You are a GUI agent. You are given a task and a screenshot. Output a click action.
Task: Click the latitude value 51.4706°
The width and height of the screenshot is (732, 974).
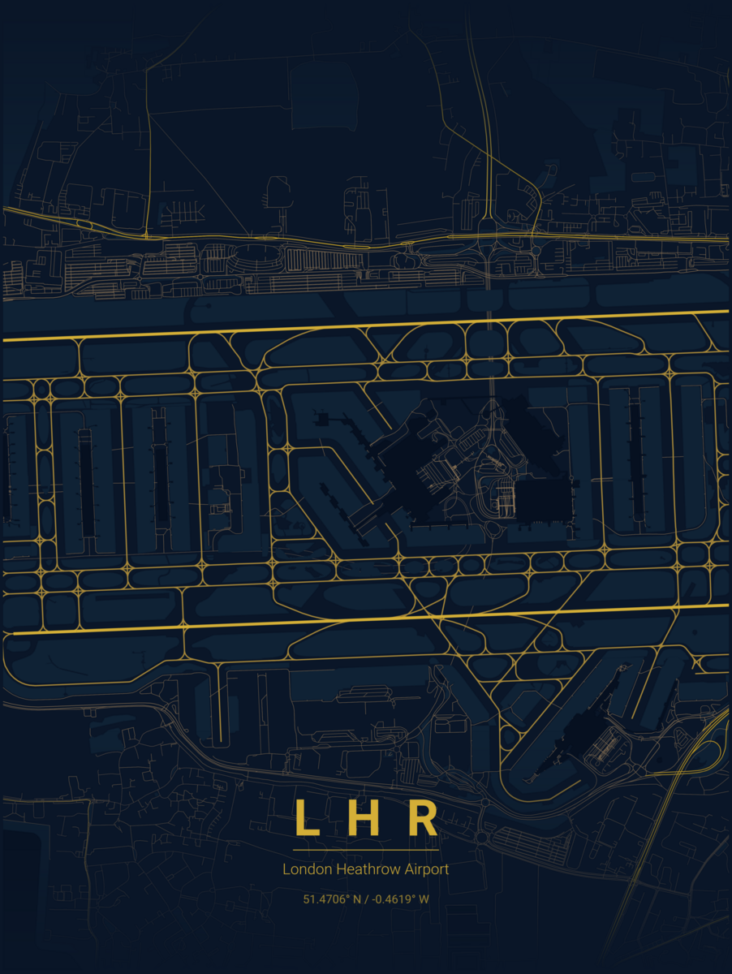point(325,899)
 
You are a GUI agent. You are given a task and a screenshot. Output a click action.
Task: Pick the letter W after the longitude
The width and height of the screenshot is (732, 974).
point(424,899)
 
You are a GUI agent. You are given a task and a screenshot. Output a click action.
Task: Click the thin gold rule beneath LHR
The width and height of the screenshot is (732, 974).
point(365,850)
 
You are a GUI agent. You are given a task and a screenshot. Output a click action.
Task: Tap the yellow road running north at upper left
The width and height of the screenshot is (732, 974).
point(146,146)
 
